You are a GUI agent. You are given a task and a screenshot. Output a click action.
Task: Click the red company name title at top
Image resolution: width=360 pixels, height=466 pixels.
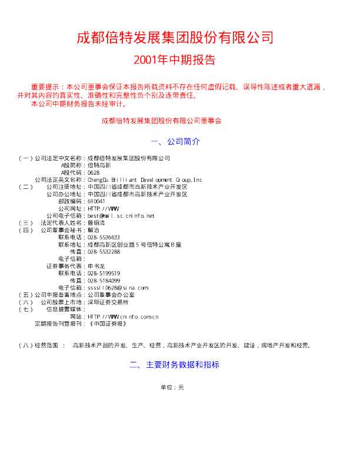(x=175, y=38)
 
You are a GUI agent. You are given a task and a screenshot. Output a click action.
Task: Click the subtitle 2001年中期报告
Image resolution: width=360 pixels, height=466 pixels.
(x=175, y=60)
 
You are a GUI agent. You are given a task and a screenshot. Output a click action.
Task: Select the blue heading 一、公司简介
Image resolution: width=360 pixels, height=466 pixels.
(x=176, y=142)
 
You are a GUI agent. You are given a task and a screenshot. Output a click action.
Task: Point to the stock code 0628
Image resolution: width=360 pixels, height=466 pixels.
(x=94, y=173)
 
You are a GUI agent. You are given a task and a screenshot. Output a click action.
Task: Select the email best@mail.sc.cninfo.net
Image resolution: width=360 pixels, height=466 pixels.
(x=121, y=216)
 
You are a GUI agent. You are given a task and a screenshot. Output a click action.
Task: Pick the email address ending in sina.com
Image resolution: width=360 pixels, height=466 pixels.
(x=118, y=288)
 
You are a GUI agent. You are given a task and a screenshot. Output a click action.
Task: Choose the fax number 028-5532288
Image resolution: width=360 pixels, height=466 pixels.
(x=104, y=251)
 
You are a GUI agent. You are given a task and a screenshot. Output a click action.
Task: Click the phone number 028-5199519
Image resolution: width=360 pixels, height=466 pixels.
(x=104, y=273)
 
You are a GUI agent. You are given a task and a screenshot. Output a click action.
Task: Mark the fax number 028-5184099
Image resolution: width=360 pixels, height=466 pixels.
(x=104, y=281)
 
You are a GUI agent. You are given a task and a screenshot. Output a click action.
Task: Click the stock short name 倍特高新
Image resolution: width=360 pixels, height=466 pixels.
(x=99, y=166)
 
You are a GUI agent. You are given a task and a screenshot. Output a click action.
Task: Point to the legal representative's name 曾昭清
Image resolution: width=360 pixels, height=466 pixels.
(x=96, y=223)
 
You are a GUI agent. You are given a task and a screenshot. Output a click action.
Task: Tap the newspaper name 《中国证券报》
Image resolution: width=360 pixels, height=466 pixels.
(x=106, y=324)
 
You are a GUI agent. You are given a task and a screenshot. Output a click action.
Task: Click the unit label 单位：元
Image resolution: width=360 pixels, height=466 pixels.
(x=172, y=388)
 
